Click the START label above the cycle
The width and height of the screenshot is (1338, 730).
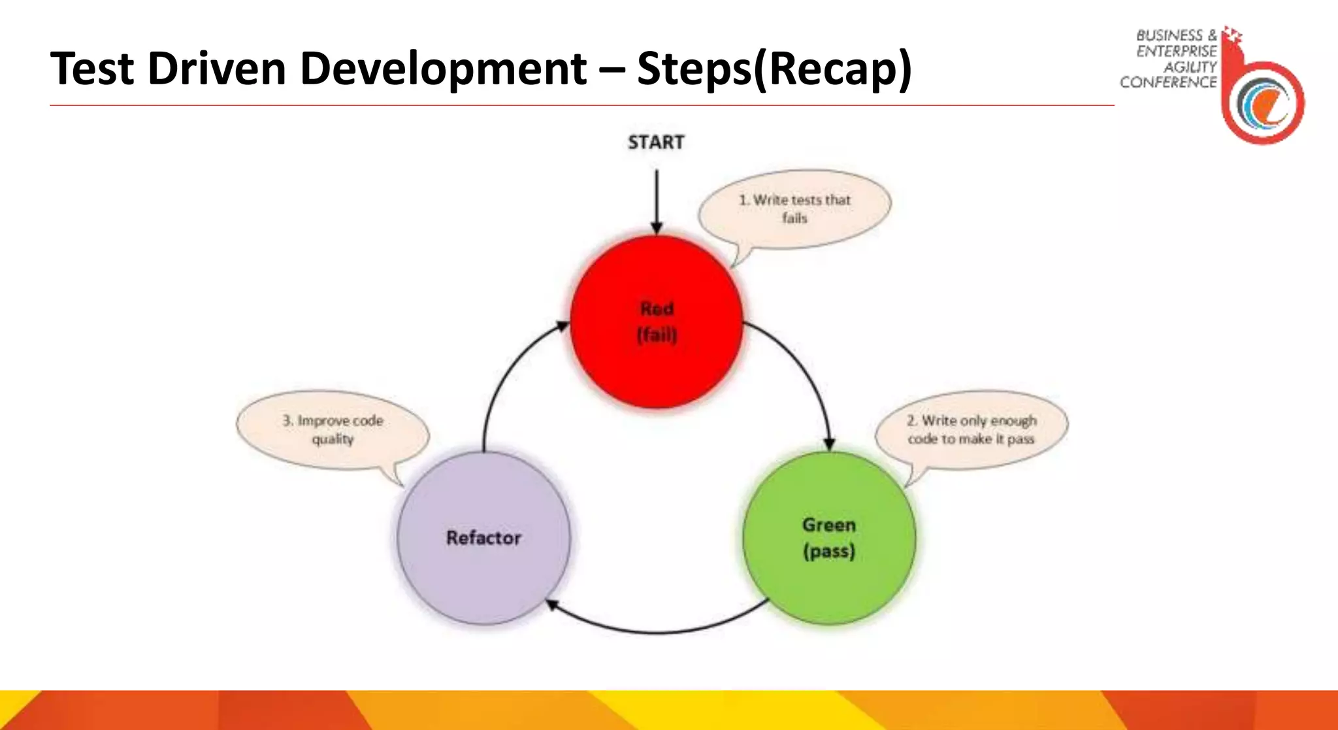point(656,142)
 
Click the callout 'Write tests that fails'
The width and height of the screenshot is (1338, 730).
point(794,208)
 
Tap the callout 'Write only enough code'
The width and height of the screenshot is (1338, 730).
point(971,429)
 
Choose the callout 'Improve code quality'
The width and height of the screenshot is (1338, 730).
point(333,429)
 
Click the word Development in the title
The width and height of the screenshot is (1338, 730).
point(444,69)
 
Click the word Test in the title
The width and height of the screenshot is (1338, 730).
point(92,69)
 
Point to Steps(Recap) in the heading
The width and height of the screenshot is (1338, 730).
point(774,69)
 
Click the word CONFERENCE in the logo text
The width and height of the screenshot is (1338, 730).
point(1168,82)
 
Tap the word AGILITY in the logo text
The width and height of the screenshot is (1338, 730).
point(1190,67)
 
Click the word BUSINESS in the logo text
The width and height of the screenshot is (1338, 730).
point(1169,35)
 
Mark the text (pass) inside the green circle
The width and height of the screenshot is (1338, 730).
point(829,552)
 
